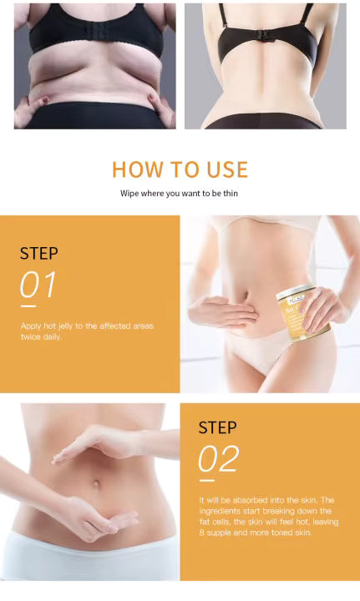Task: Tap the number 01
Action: (x=38, y=285)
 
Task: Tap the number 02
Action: (x=218, y=458)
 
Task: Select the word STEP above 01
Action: (x=39, y=254)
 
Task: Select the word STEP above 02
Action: (x=218, y=427)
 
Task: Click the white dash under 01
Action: (x=27, y=306)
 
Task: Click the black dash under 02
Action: (x=206, y=480)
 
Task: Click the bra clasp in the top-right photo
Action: (x=265, y=38)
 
